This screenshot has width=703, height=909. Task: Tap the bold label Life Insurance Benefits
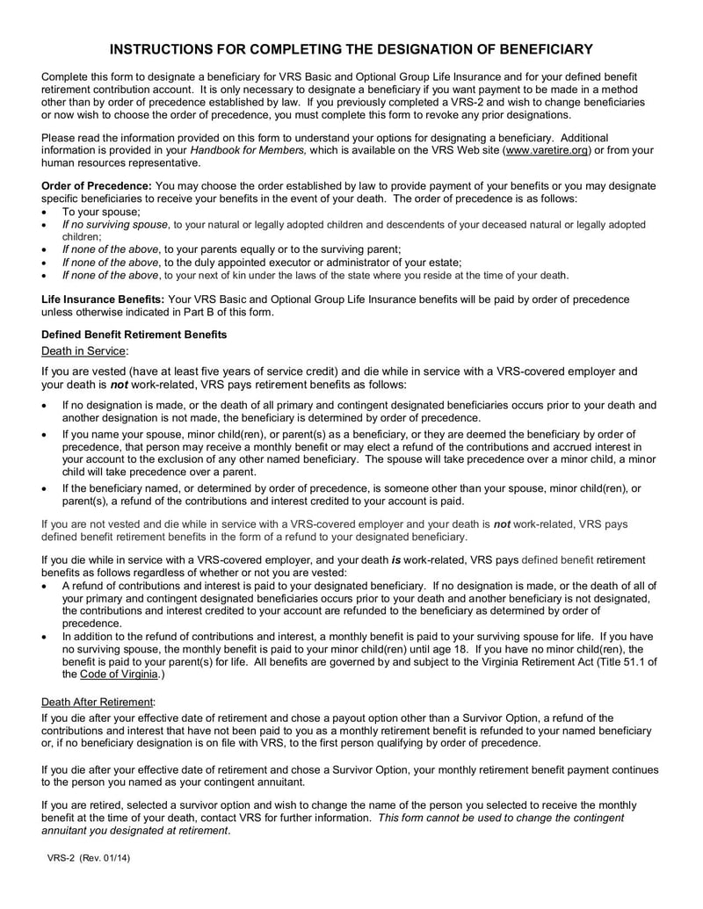point(103,299)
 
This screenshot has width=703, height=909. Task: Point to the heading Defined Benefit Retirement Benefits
point(134,335)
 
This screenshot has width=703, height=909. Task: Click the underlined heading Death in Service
point(84,350)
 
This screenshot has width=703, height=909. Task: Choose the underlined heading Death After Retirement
point(98,703)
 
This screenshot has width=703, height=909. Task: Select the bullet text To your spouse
point(101,212)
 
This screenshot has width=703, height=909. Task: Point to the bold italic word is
point(396,559)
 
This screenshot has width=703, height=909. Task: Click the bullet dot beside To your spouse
point(46,213)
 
